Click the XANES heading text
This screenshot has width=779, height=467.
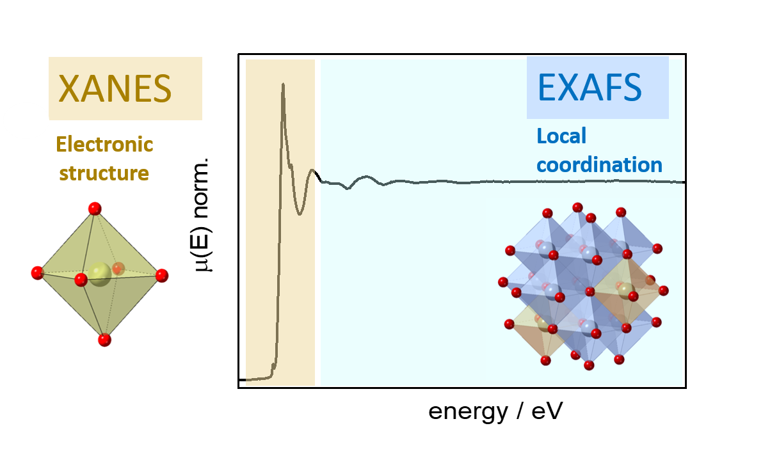pyautogui.click(x=115, y=88)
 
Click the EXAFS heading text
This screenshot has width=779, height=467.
pyautogui.click(x=590, y=88)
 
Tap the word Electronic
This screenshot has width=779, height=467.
pyautogui.click(x=104, y=144)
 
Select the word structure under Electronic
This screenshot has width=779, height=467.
pyautogui.click(x=104, y=173)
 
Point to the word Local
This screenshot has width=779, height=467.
pyautogui.click(x=561, y=136)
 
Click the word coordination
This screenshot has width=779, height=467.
pyautogui.click(x=599, y=164)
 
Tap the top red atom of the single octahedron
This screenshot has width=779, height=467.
pyautogui.click(x=95, y=208)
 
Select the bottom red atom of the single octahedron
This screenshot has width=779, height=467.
pyautogui.click(x=105, y=340)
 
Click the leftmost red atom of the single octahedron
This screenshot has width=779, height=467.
pyautogui.click(x=38, y=273)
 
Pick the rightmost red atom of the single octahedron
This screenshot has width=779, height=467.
pyautogui.click(x=161, y=276)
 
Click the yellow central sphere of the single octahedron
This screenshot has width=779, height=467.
pyautogui.click(x=99, y=274)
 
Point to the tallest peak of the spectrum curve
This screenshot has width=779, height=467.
pyautogui.click(x=283, y=84)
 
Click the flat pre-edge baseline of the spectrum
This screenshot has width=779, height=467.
pyautogui.click(x=256, y=379)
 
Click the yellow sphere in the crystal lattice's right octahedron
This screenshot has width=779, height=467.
pyautogui.click(x=625, y=291)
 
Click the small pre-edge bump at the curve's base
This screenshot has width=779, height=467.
pyautogui.click(x=273, y=366)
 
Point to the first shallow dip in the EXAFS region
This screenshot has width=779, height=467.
pyautogui.click(x=348, y=188)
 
